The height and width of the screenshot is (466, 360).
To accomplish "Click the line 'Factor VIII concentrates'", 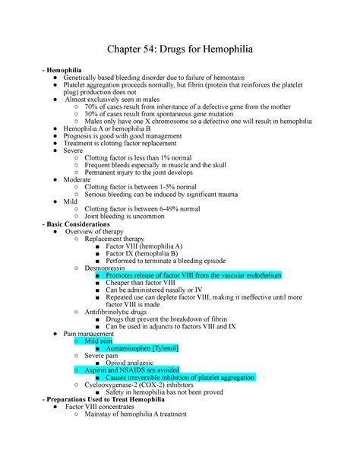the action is (x=108, y=407).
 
